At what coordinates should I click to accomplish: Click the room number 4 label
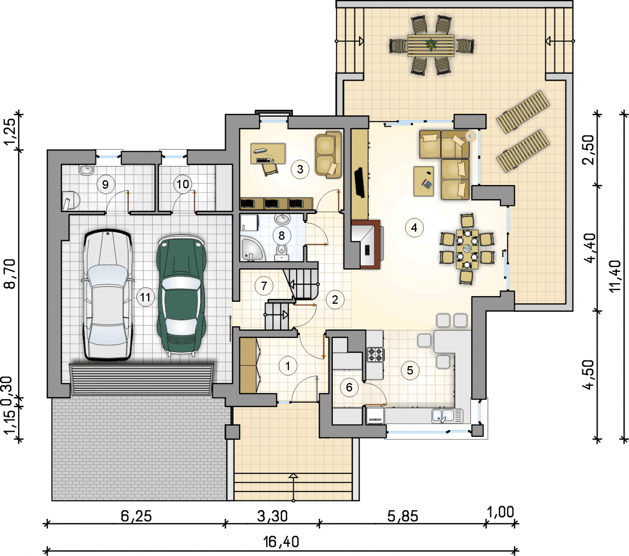coord(414,228)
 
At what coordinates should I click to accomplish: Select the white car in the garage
coord(108,295)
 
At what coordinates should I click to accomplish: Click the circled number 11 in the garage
coord(145,297)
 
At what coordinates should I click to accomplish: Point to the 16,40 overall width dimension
coord(281,542)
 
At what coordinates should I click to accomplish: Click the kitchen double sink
coord(447,416)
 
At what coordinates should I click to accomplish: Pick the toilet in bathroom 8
coord(282,252)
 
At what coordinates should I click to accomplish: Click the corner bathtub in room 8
coord(253,249)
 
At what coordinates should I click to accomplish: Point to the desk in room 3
coord(267,153)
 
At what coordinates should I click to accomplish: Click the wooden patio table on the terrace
coord(431,45)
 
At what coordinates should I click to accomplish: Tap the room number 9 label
coord(106,185)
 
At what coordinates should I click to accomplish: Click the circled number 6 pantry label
coord(349,387)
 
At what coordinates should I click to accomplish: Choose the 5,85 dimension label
coord(403,516)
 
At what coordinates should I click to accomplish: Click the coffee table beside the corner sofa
coord(424,181)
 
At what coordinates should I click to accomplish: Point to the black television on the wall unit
coord(360,182)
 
